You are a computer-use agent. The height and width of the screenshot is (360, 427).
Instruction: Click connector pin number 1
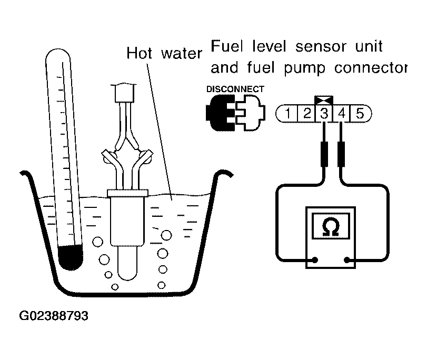(289, 113)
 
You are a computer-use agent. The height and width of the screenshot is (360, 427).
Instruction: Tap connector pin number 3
(324, 113)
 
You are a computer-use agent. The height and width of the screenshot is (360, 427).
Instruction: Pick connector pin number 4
(342, 113)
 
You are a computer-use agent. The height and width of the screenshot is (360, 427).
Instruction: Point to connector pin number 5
(360, 113)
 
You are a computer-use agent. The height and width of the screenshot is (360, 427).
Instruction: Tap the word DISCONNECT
(235, 89)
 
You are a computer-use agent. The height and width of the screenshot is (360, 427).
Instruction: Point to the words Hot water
(164, 53)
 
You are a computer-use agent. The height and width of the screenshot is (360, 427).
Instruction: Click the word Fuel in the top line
(228, 47)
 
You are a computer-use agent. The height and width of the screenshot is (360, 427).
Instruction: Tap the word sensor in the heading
(317, 47)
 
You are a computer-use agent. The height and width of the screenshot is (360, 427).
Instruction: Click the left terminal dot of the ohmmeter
(315, 259)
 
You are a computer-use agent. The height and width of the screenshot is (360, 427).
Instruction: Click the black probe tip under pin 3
(324, 153)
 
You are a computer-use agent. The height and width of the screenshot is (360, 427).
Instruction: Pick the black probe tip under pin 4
(342, 153)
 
